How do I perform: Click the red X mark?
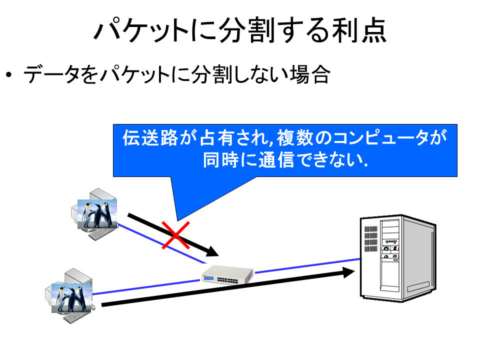coord(175,235)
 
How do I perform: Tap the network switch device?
coord(227,274)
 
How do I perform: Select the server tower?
coord(398,258)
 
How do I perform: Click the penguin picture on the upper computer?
coord(97,214)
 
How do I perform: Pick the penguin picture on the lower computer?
coord(71,298)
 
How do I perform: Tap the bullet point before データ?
coord(9,74)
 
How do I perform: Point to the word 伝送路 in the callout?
coord(150,138)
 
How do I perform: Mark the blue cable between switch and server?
coord(307,265)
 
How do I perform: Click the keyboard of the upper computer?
coord(102,234)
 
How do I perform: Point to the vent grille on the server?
coord(370,238)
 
